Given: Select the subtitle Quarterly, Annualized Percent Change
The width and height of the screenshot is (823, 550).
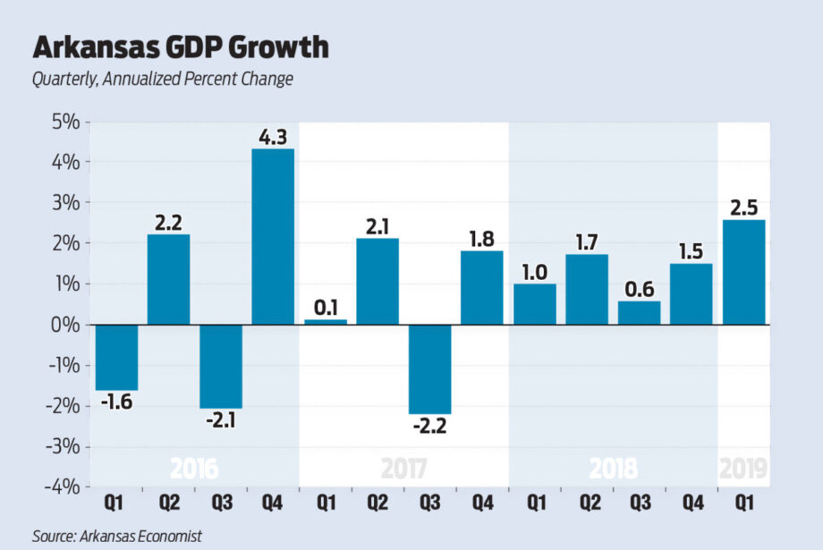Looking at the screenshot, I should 163,80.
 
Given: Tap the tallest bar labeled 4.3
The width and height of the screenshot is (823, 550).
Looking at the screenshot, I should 273,236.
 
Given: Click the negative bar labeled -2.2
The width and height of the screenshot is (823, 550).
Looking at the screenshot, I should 430,368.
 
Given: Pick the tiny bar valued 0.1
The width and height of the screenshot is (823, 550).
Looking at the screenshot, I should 326,321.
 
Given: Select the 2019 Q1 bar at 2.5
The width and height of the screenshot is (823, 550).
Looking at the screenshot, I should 743,272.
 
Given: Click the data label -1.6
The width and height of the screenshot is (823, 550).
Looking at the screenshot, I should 116,402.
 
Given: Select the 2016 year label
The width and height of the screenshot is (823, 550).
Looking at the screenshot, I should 195,469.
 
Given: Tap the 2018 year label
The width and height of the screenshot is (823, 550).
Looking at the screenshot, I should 613,469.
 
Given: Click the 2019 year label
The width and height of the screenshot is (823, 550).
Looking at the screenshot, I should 743,469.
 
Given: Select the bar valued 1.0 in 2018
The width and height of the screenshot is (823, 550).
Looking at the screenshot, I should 534,304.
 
